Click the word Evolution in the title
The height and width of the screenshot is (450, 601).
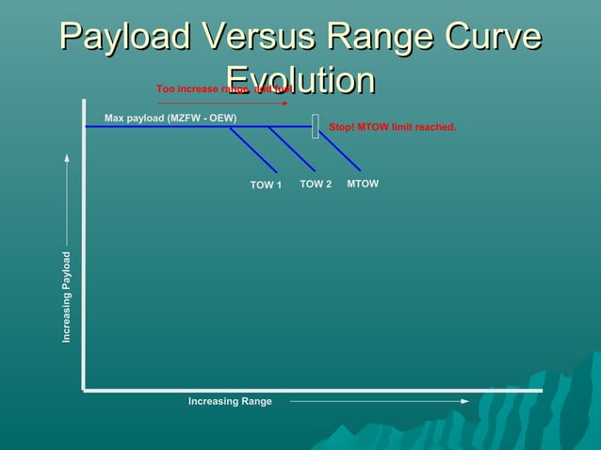pyautogui.click(x=300, y=80)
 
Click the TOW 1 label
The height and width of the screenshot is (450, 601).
pyautogui.click(x=266, y=185)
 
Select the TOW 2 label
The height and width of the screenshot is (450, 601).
pyautogui.click(x=316, y=185)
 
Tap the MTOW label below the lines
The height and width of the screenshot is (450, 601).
pyautogui.click(x=363, y=184)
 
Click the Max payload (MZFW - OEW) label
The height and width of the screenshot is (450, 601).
pyautogui.click(x=171, y=119)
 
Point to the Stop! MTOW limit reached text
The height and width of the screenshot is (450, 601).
pyautogui.click(x=392, y=127)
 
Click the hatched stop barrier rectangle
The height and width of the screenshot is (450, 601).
pyautogui.click(x=316, y=127)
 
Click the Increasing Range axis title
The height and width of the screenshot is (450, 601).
pyautogui.click(x=230, y=402)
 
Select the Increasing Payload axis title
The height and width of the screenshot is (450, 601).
pyautogui.click(x=67, y=297)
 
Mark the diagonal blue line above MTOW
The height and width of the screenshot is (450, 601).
pyautogui.click(x=340, y=151)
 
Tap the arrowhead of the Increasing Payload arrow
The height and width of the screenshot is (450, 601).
pyautogui.click(x=67, y=158)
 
